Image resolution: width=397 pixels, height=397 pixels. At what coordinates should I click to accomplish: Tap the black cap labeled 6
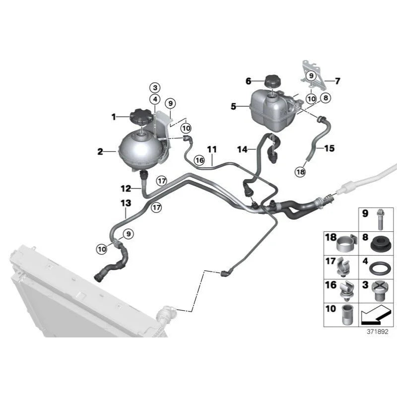[272, 81]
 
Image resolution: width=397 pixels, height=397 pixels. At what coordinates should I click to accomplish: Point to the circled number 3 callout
[155, 88]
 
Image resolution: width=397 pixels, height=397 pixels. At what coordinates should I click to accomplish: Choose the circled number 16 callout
[199, 160]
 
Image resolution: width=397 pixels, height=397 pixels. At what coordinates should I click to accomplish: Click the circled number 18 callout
[300, 172]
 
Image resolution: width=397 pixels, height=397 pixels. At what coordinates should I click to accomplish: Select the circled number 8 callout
[326, 98]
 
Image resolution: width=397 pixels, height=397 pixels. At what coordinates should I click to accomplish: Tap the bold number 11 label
[212, 149]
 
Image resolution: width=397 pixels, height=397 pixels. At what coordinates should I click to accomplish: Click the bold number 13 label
[126, 203]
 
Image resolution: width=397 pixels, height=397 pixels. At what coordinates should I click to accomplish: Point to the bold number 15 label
[330, 148]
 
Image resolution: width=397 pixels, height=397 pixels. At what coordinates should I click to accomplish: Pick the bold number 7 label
[337, 81]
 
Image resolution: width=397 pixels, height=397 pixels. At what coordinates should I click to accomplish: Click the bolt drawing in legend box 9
[380, 219]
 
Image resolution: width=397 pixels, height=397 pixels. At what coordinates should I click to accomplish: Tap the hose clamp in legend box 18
[346, 243]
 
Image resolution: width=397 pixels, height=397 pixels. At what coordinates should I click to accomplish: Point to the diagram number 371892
[377, 331]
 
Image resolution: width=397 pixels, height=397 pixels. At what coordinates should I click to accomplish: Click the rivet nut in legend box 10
[346, 315]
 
